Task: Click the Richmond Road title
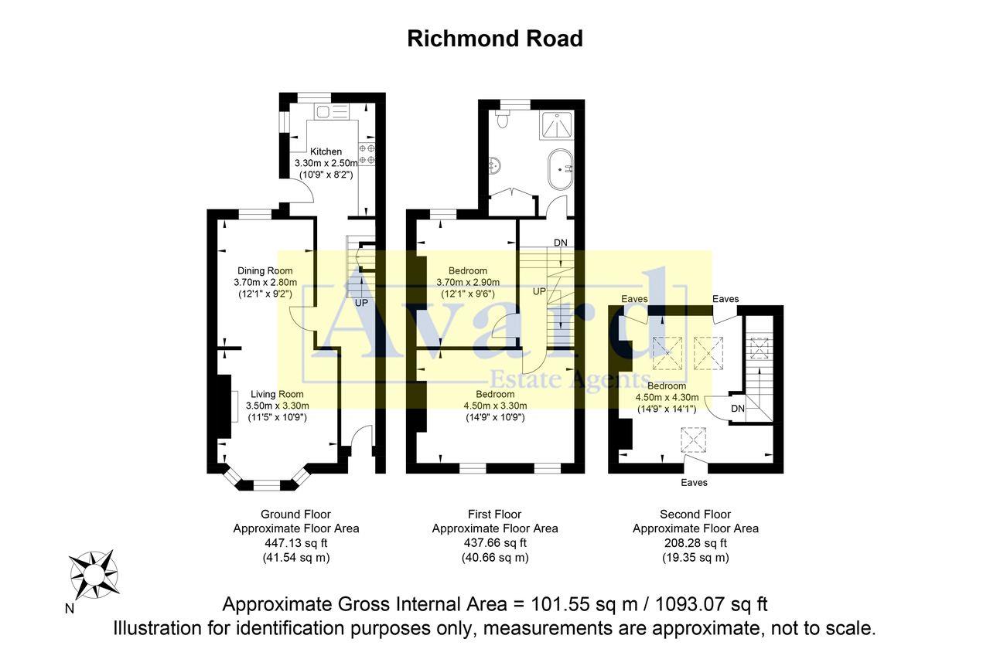(x=495, y=39)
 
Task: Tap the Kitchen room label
(x=326, y=151)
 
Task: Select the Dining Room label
(x=265, y=270)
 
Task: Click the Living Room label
(x=277, y=394)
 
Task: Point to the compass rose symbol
(x=94, y=575)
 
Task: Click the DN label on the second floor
(x=737, y=408)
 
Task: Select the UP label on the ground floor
(x=360, y=303)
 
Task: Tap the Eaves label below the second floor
(x=694, y=483)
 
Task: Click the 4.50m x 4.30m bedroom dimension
(x=666, y=397)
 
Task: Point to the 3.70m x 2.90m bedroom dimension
(x=468, y=282)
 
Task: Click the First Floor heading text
(x=494, y=514)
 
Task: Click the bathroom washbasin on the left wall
(x=493, y=164)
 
